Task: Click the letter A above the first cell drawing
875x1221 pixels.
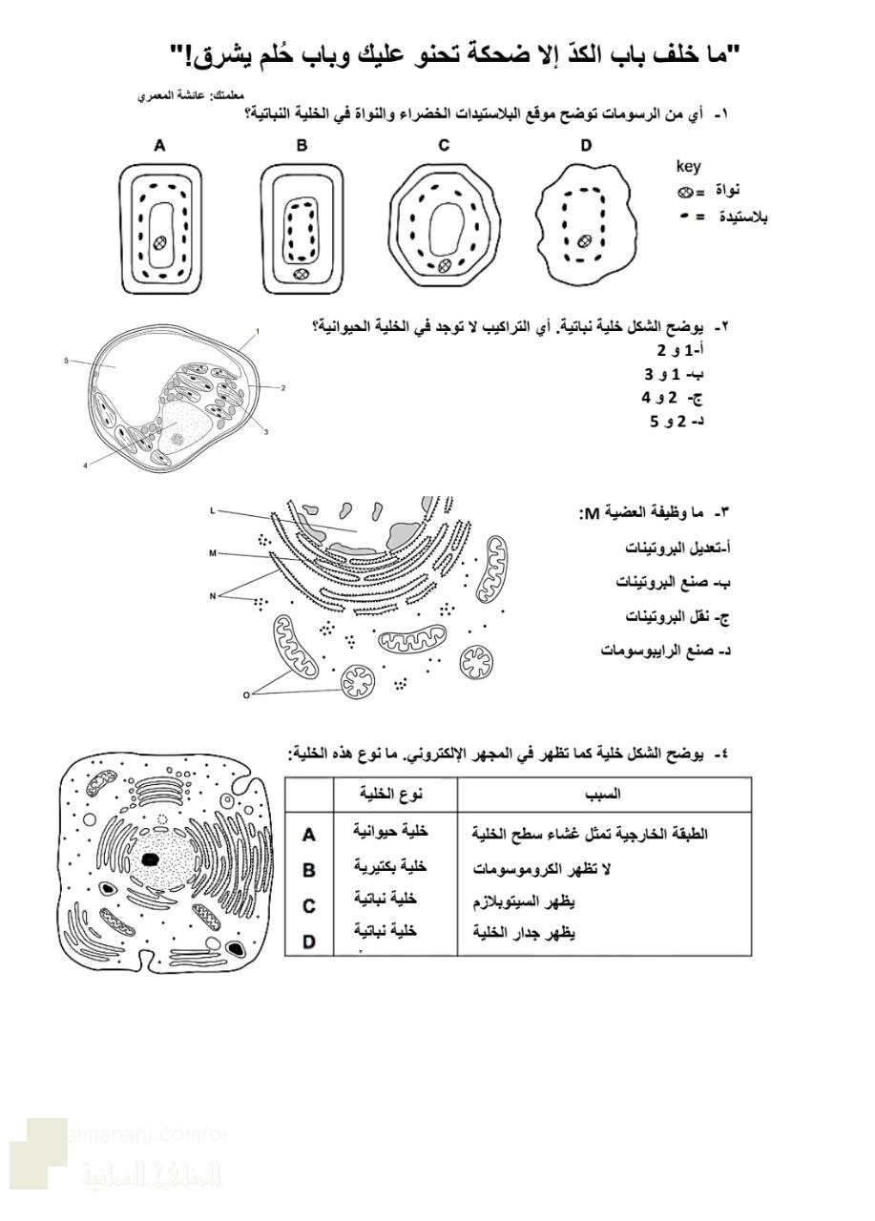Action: (x=160, y=146)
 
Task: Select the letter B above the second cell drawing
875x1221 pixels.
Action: (x=302, y=146)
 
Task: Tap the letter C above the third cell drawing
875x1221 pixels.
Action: (x=444, y=146)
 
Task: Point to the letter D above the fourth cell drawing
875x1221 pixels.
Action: (x=585, y=146)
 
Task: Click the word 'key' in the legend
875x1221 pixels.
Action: (x=688, y=167)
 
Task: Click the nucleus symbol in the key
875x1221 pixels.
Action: (x=684, y=192)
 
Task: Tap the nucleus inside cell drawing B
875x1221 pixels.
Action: (x=302, y=274)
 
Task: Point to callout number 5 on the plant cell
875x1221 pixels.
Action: (x=66, y=361)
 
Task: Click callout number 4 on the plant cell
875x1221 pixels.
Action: (x=85, y=465)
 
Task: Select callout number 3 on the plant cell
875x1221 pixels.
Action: (x=265, y=432)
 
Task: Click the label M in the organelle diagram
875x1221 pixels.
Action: (x=212, y=552)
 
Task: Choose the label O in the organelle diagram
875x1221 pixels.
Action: (x=245, y=694)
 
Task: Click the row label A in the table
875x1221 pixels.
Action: (x=308, y=835)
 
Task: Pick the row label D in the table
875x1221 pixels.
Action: (x=308, y=942)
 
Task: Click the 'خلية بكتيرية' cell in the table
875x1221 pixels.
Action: (x=389, y=866)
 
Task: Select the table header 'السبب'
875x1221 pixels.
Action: (x=603, y=794)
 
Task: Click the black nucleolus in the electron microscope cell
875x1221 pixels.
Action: (x=150, y=859)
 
